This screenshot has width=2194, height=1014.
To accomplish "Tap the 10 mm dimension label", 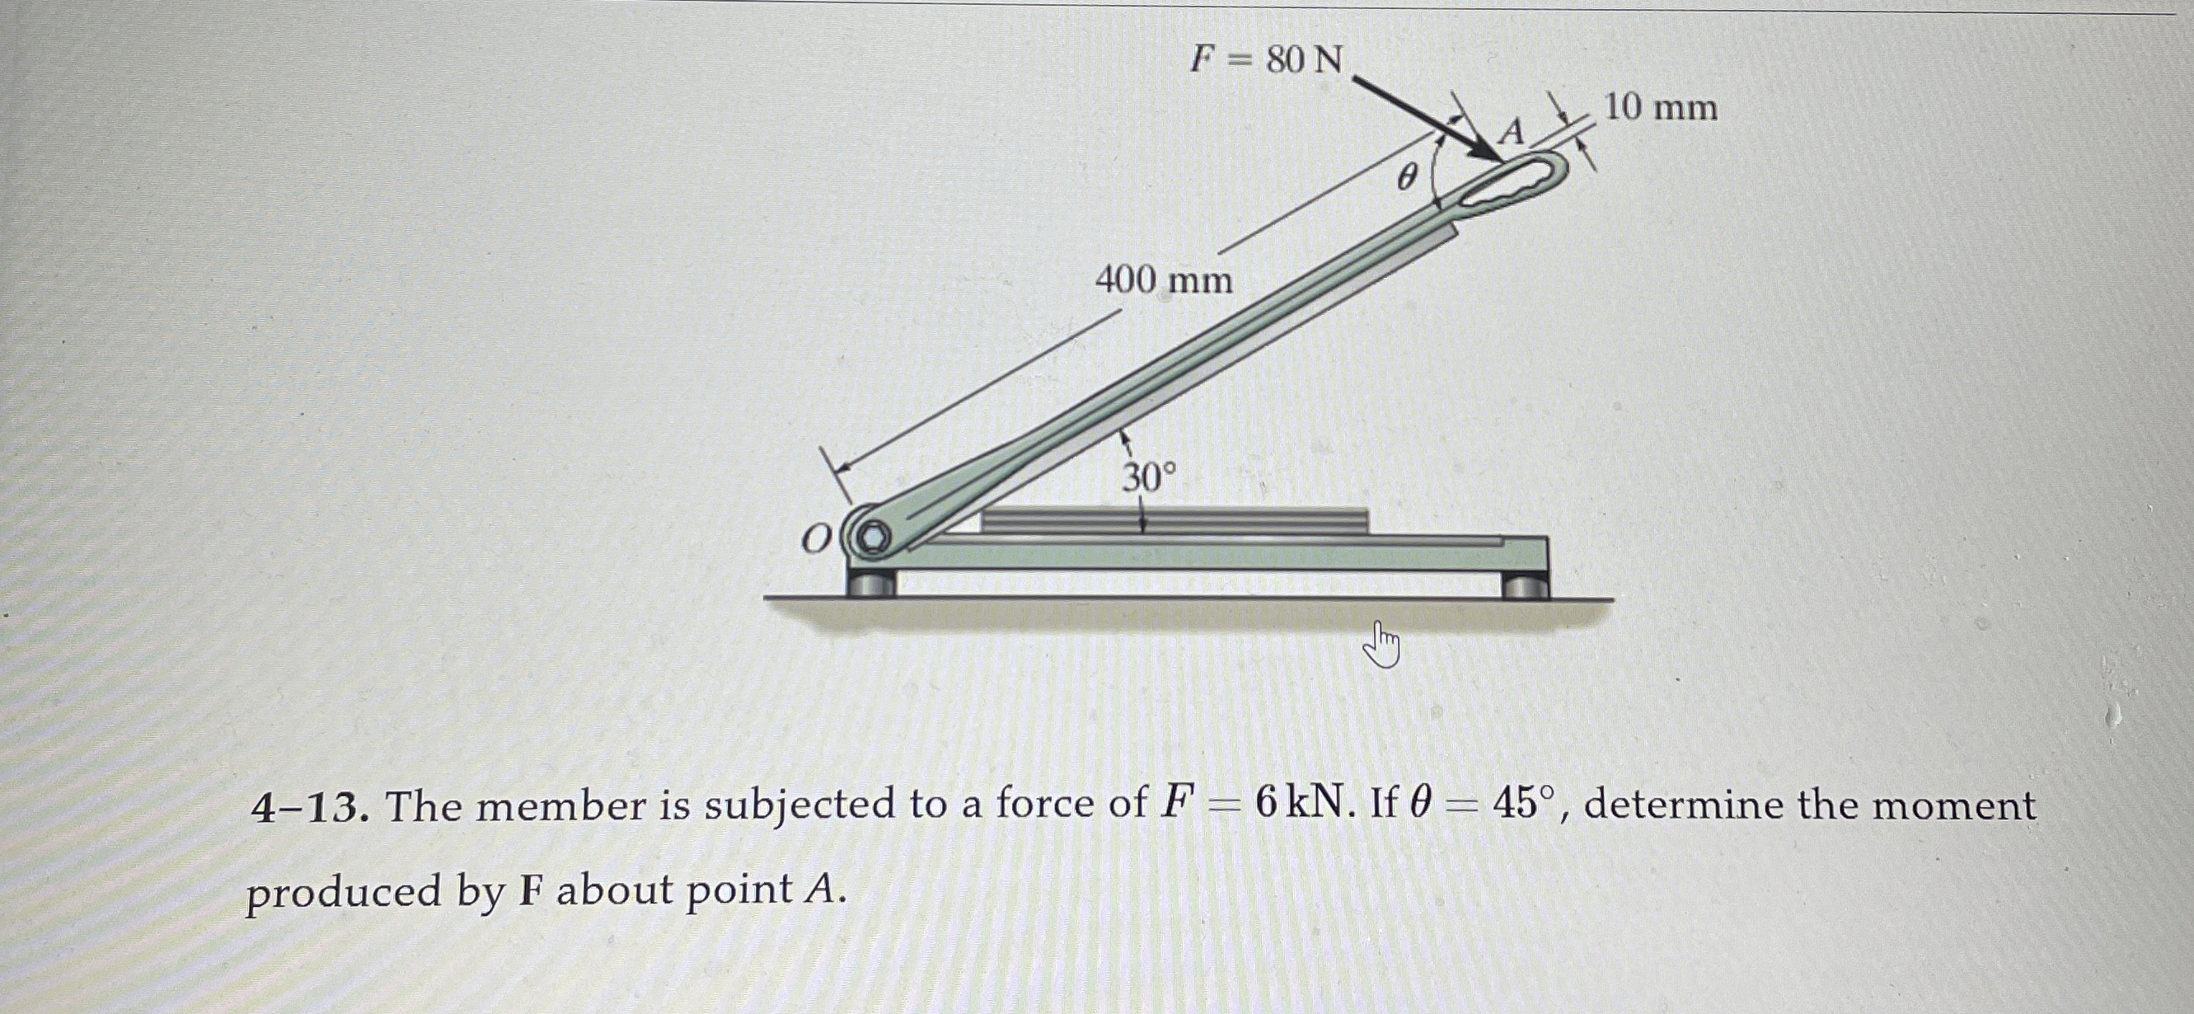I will point(1660,108).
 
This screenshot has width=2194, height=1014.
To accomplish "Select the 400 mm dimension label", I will point(1164,280).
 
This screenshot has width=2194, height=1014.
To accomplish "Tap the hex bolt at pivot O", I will point(871,538).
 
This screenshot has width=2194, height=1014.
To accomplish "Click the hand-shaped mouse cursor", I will point(1381,645).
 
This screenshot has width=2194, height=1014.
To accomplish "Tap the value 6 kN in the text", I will point(1302,805).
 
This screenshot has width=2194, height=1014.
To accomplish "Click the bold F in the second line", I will point(530,891).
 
